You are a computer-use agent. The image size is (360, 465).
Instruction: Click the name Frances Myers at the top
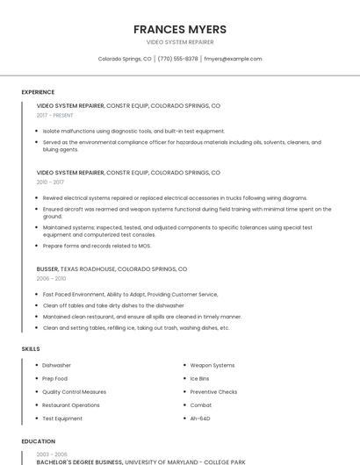(180, 29)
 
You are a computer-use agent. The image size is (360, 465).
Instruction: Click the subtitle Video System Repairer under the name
(180, 42)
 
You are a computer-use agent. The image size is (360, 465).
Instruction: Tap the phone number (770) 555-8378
(177, 59)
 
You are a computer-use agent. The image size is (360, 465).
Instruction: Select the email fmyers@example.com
(233, 59)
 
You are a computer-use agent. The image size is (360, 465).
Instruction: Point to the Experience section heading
(38, 92)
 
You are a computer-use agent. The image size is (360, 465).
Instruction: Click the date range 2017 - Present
(54, 115)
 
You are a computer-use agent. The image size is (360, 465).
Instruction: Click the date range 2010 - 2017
(50, 182)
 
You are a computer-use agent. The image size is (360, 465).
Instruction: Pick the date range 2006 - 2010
(51, 278)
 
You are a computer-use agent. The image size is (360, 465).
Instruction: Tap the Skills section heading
(31, 349)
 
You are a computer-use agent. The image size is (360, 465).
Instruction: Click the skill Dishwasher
(57, 365)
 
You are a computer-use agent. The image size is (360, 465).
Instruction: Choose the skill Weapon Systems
(212, 365)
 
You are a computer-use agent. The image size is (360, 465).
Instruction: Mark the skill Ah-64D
(201, 418)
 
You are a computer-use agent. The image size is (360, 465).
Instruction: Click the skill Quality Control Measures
(75, 392)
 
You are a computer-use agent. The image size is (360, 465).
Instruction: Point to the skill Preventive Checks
(213, 392)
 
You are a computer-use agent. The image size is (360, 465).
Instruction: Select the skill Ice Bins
(200, 378)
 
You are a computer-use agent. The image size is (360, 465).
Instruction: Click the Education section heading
(38, 441)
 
